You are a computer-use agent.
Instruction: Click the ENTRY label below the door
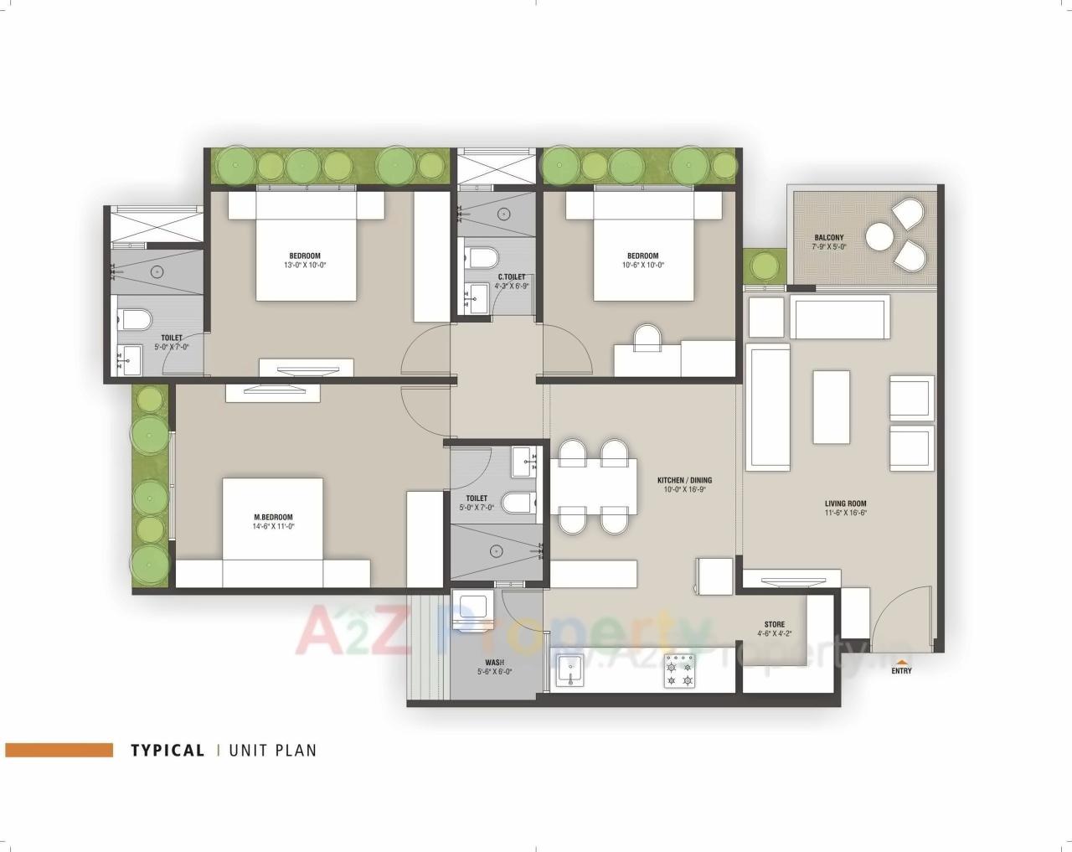click(901, 670)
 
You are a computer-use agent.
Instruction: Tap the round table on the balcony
click(880, 237)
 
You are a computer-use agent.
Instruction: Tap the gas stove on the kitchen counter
click(679, 670)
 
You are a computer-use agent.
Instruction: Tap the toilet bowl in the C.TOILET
click(483, 256)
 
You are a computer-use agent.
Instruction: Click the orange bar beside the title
click(59, 750)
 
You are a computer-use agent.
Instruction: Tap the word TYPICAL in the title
click(167, 751)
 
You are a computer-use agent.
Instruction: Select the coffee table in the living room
click(831, 403)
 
